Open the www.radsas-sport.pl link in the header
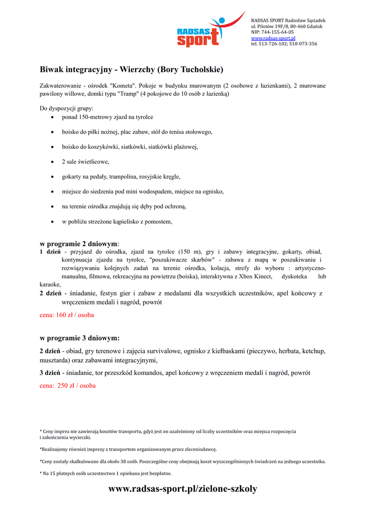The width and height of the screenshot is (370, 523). click(x=273, y=38)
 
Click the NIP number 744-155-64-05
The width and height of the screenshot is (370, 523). click(x=279, y=32)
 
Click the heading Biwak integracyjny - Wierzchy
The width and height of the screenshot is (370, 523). click(x=132, y=69)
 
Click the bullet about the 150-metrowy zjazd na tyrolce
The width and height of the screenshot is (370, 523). click(x=107, y=117)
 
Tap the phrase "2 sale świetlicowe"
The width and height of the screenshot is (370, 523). click(x=85, y=162)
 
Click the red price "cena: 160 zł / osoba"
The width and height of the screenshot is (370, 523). click(x=66, y=315)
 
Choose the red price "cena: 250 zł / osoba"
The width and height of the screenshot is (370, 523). click(x=67, y=386)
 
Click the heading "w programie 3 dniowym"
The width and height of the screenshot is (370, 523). click(x=80, y=338)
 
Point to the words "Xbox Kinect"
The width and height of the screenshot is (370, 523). click(x=256, y=276)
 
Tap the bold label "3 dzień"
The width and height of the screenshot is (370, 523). click(x=50, y=373)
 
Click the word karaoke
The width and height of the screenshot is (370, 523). click(x=50, y=284)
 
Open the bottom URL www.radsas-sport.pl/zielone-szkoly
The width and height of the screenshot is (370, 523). click(x=183, y=489)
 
